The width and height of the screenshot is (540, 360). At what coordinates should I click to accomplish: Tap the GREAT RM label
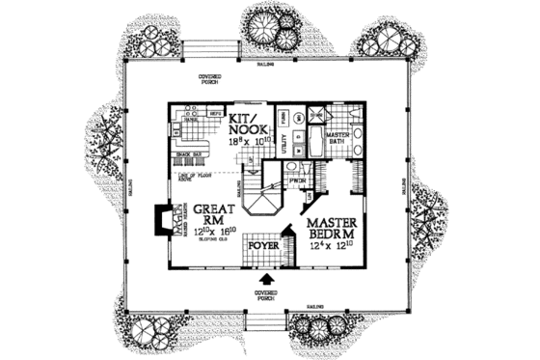pyautogui.click(x=211, y=214)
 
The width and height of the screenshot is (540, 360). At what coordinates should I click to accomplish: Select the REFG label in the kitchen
pyautogui.click(x=216, y=112)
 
